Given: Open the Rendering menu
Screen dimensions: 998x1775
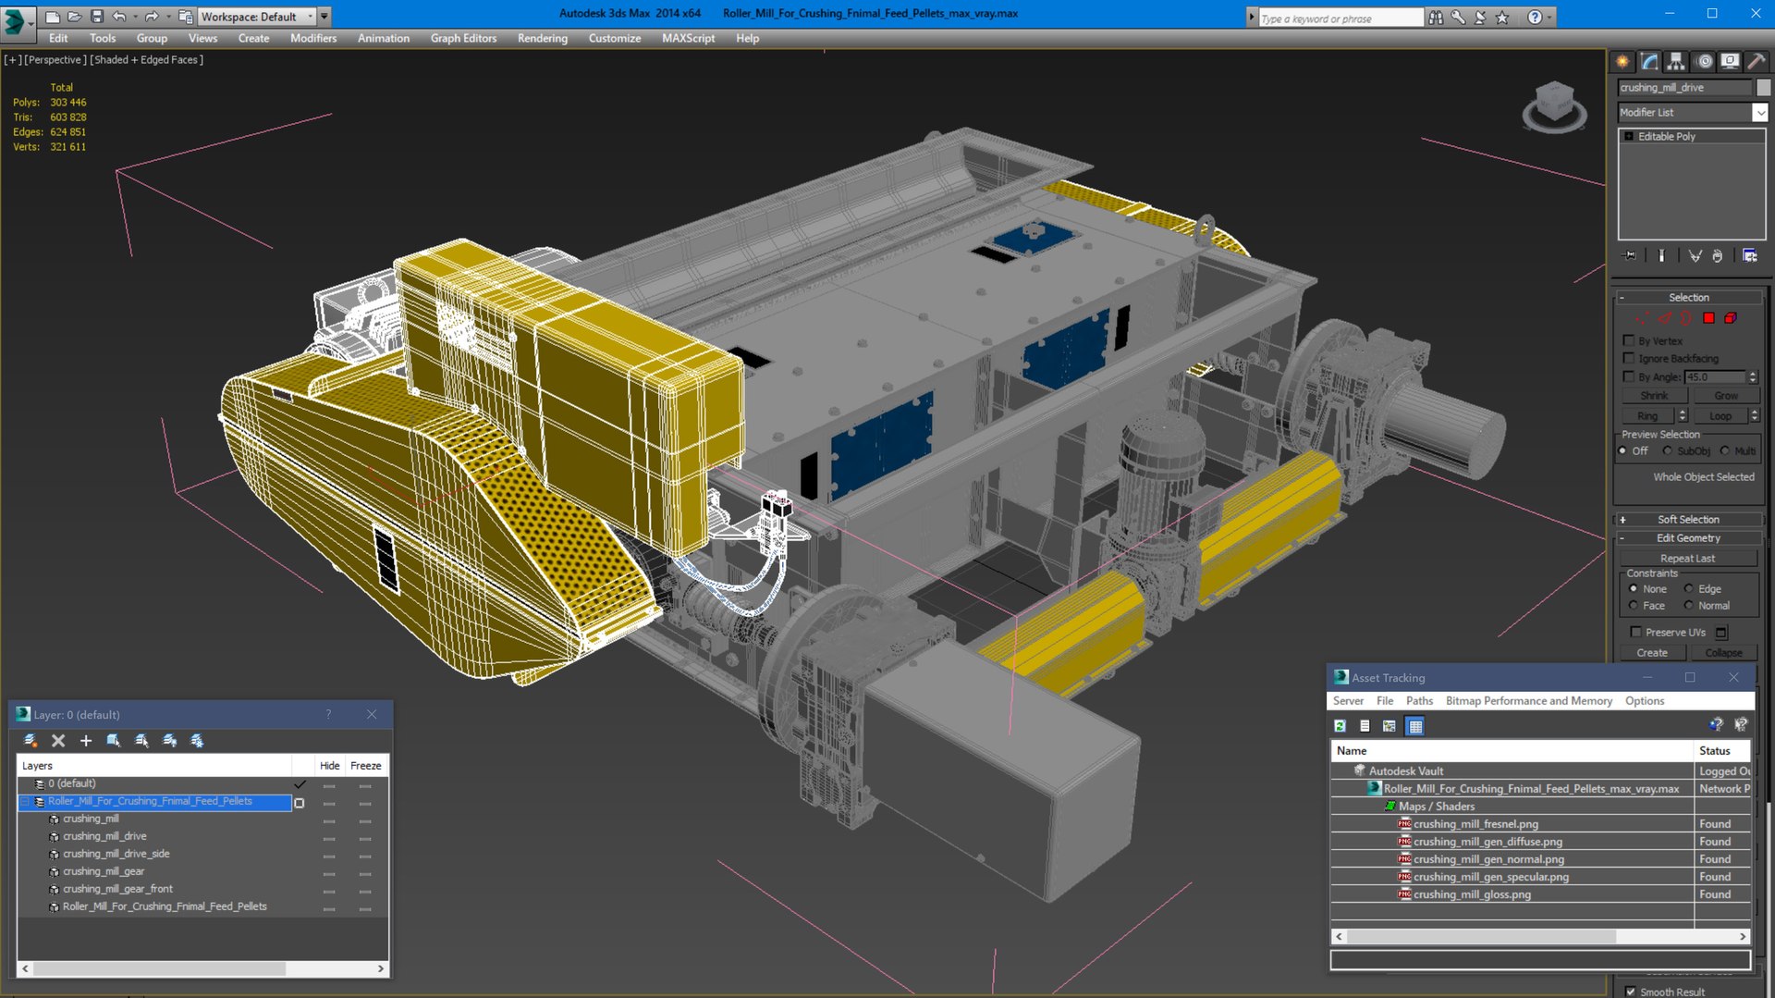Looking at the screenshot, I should [542, 38].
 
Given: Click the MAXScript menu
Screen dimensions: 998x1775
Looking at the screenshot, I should [688, 38].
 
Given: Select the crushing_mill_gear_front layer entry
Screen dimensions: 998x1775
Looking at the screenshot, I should [117, 889].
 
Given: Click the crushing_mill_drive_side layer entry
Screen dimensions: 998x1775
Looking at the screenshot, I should [116, 854].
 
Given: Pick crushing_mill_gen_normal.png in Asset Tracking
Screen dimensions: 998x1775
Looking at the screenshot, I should [1487, 859].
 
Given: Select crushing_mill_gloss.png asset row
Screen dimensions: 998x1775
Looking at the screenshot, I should [1471, 894].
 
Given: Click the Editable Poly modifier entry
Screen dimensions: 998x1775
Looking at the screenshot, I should [1666, 136].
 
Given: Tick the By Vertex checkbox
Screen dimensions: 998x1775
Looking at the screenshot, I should [1629, 340].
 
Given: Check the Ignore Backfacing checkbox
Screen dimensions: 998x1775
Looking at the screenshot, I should [1629, 358].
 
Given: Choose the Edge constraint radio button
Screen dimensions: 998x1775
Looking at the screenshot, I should [1689, 589].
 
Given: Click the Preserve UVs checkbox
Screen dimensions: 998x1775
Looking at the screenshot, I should [1635, 632].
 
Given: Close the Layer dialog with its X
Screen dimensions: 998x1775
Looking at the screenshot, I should [372, 714].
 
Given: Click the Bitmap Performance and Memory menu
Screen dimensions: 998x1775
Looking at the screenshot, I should [1528, 701].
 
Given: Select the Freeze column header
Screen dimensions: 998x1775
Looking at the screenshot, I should [365, 766].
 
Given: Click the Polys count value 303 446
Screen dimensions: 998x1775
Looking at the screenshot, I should [67, 103].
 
